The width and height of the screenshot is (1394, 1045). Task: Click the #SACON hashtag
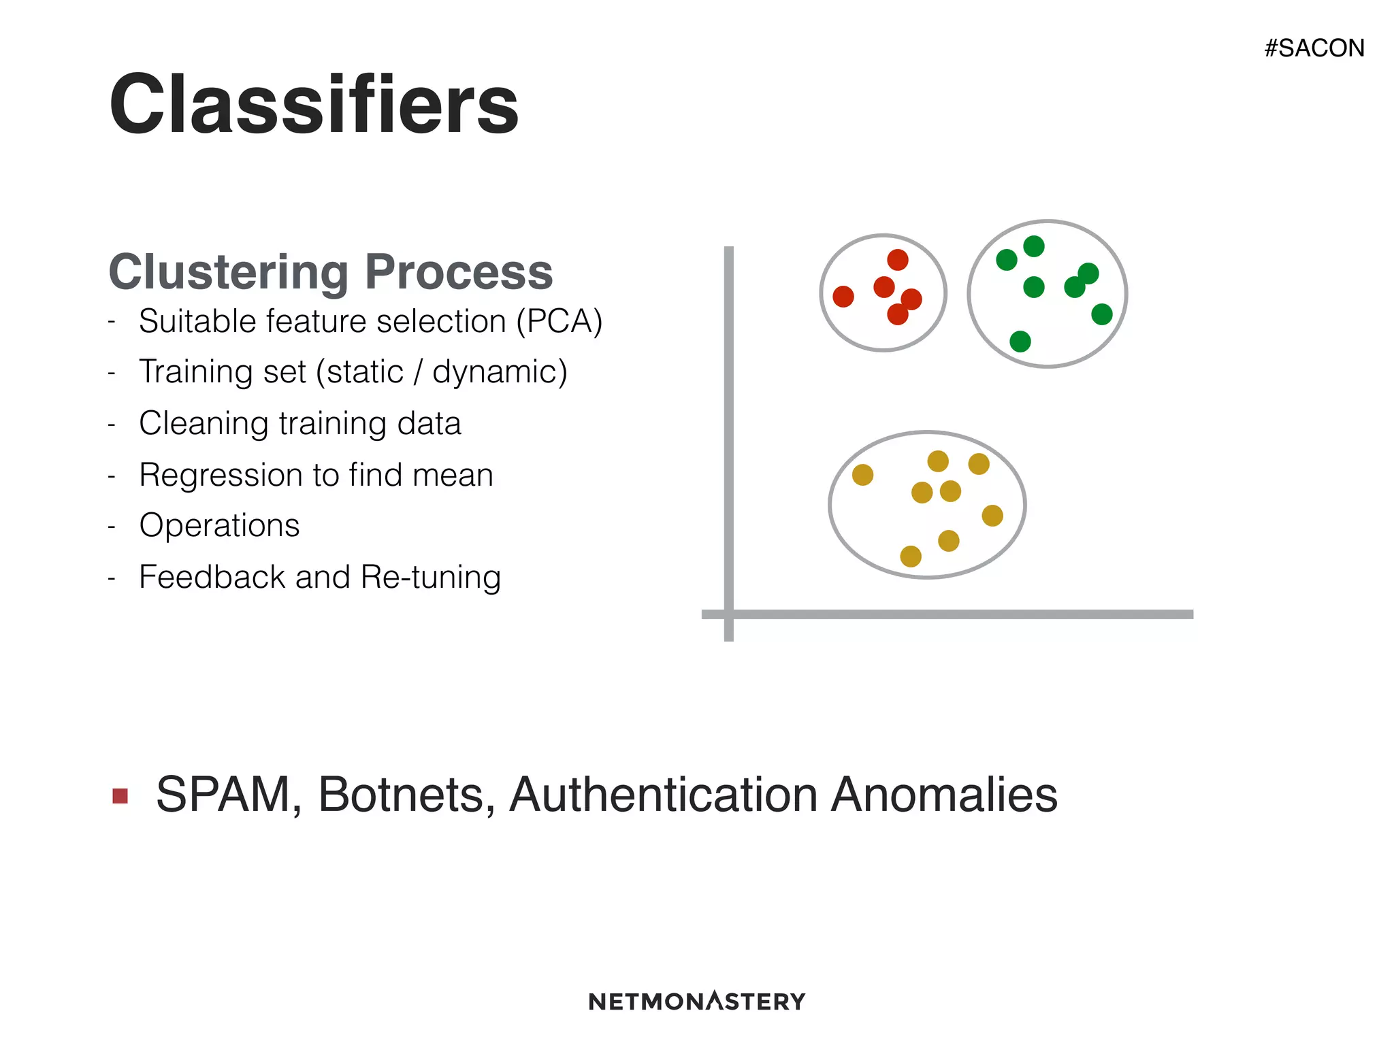(x=1314, y=48)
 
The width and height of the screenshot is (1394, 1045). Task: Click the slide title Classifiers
(x=314, y=105)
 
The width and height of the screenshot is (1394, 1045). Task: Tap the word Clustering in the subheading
(x=228, y=272)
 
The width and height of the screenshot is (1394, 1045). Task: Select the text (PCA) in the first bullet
(x=560, y=321)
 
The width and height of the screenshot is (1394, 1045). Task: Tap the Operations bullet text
(x=219, y=526)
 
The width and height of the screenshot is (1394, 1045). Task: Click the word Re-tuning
(x=431, y=577)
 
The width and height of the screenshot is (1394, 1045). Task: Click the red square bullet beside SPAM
(x=120, y=796)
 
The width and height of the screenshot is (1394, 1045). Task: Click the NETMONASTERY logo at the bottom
(x=696, y=1001)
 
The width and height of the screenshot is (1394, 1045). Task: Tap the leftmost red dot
(x=843, y=297)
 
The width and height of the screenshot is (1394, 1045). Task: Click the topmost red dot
(x=898, y=260)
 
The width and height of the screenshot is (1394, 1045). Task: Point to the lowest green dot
(x=1020, y=342)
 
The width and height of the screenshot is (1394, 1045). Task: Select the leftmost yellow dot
(x=862, y=475)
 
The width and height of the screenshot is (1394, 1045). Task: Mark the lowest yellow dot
(x=911, y=557)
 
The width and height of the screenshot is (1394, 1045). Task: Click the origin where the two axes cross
(x=729, y=614)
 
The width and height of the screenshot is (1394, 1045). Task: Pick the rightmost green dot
(x=1102, y=314)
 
